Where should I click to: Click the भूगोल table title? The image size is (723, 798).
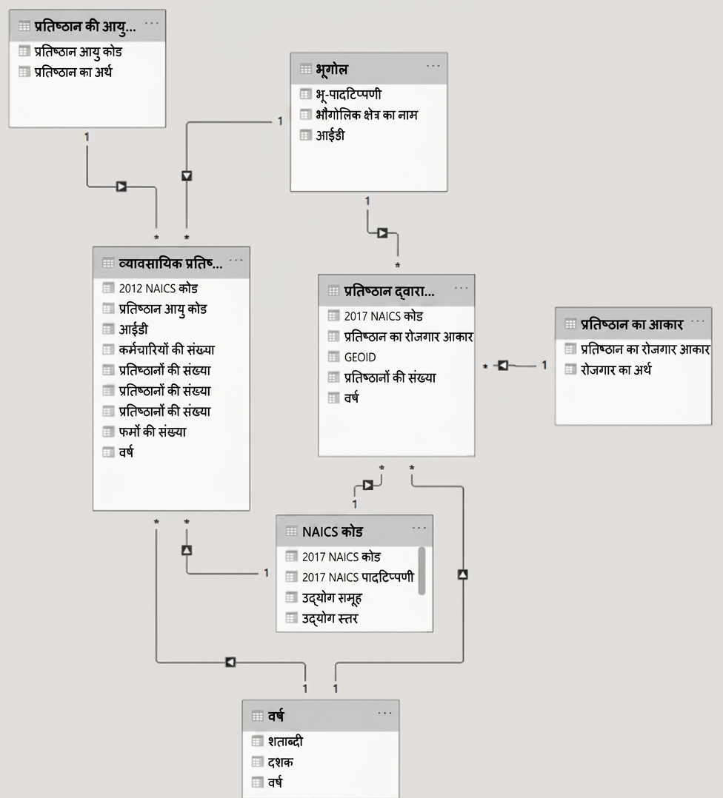click(x=331, y=70)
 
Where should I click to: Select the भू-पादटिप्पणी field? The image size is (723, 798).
click(x=348, y=95)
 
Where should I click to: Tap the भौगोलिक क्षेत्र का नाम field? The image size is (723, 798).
click(x=367, y=115)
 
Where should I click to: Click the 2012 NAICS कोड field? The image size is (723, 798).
click(x=158, y=289)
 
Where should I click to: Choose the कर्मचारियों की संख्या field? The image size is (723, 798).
click(x=167, y=349)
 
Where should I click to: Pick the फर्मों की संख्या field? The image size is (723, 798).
click(x=153, y=432)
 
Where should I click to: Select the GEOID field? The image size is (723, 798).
click(x=360, y=358)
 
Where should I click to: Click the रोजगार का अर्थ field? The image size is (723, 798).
click(x=616, y=369)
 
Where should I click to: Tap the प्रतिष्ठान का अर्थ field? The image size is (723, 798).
click(x=73, y=73)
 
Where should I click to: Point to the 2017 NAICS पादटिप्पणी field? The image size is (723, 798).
click(x=358, y=577)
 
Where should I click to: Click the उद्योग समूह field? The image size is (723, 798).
click(x=331, y=598)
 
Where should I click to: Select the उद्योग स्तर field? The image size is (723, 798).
click(x=330, y=619)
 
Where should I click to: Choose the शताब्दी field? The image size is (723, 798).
click(x=285, y=742)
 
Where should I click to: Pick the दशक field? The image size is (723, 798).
click(x=280, y=762)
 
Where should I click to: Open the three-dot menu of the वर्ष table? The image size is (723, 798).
click(x=385, y=713)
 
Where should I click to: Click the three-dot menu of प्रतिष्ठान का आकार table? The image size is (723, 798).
click(x=698, y=321)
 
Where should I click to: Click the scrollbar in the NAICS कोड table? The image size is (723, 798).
click(x=422, y=571)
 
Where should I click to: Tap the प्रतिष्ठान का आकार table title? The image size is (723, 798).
click(x=631, y=324)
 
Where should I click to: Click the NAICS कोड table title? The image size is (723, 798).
click(x=332, y=532)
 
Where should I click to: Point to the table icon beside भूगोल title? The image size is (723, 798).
click(x=305, y=70)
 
